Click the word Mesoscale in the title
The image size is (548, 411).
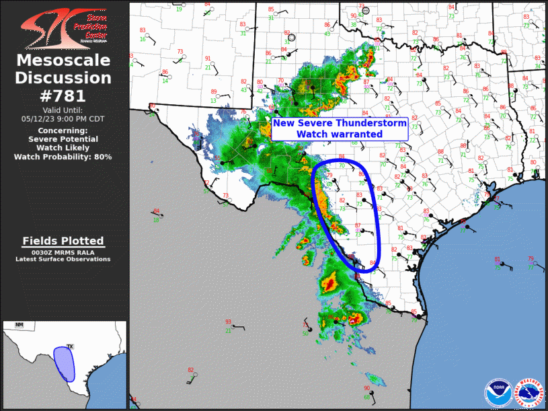pyautogui.click(x=64, y=61)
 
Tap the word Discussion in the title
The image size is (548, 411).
pyautogui.click(x=64, y=78)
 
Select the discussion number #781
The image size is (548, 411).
pyautogui.click(x=64, y=96)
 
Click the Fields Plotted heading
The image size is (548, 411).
pyautogui.click(x=63, y=241)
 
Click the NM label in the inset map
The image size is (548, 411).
pyautogui.click(x=19, y=326)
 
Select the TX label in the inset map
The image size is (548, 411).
pyautogui.click(x=69, y=346)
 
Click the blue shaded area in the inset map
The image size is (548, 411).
pyautogui.click(x=64, y=363)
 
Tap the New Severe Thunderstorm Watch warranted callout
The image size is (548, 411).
pyautogui.click(x=340, y=128)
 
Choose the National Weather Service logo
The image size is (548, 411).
pyautogui.click(x=529, y=392)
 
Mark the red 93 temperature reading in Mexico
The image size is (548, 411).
pyautogui.click(x=228, y=322)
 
